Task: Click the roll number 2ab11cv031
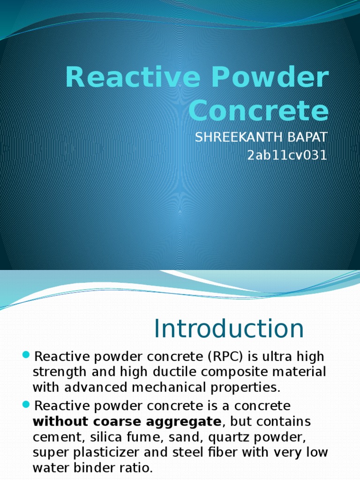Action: coord(287,155)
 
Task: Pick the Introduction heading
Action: coord(229,329)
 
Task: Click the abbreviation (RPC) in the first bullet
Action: coord(224,357)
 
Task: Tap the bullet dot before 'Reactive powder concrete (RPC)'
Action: coord(26,354)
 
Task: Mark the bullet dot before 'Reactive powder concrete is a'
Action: coord(26,404)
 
